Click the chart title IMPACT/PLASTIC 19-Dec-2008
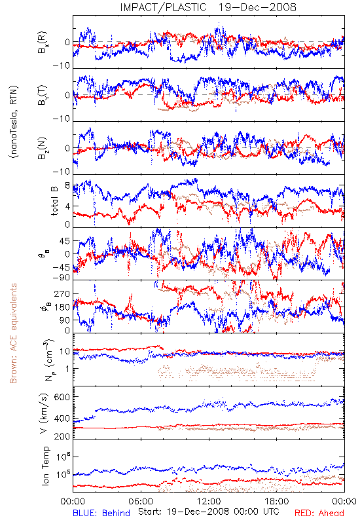click(208, 7)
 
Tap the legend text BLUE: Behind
click(101, 513)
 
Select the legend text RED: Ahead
click(319, 513)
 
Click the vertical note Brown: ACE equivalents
click(13, 333)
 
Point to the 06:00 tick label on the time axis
click(141, 501)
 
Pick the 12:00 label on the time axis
click(209, 501)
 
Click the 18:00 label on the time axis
click(277, 501)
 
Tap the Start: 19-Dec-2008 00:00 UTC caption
click(208, 512)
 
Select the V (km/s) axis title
click(44, 413)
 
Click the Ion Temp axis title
click(45, 466)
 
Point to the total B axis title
click(54, 200)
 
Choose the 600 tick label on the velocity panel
click(62, 397)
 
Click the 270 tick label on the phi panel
click(62, 293)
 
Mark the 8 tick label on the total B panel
click(67, 185)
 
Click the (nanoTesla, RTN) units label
click(13, 122)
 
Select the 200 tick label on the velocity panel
click(62, 436)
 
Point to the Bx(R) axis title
click(42, 42)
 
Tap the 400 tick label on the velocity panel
click(62, 419)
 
